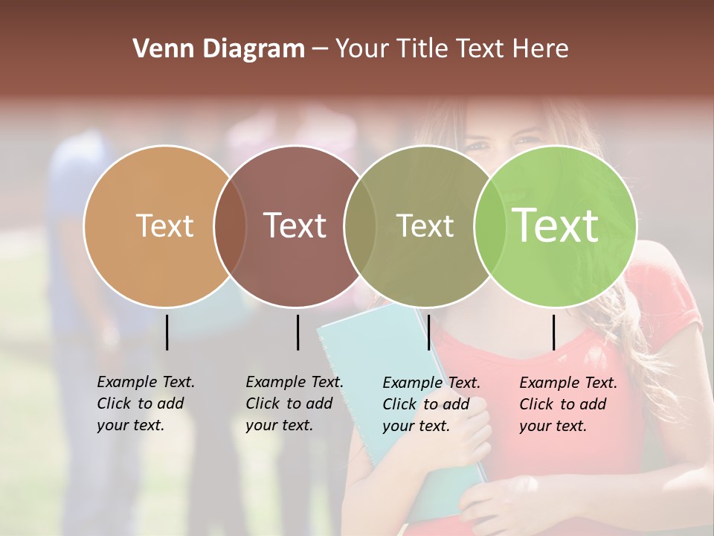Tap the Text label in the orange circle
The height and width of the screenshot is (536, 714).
164,226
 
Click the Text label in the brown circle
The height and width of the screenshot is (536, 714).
295,226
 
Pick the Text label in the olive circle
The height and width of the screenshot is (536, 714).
425,226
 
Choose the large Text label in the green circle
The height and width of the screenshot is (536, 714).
556,225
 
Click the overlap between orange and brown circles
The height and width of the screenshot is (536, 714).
230,226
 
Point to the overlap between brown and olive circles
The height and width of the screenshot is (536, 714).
360,226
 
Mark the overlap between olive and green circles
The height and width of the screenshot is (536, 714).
488,226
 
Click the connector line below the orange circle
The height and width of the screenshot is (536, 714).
167,332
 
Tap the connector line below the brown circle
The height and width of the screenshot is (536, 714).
297,332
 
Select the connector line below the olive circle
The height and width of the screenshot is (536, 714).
428,332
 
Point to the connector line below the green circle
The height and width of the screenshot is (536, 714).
553,332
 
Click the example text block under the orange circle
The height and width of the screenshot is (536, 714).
145,403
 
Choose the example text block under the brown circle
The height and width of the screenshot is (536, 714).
294,403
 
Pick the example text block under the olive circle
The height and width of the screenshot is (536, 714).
431,404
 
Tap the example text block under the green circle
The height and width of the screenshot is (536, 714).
567,404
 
